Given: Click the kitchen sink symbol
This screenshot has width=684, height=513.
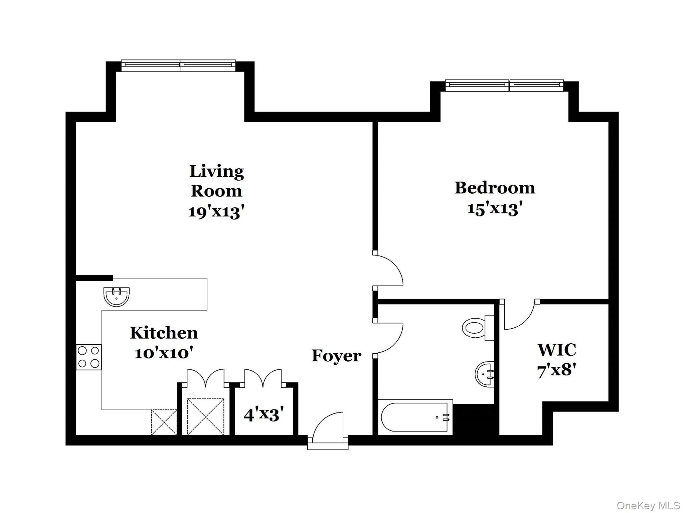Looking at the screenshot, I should coord(116,296).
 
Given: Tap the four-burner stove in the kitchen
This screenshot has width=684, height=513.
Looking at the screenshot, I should coord(89,357).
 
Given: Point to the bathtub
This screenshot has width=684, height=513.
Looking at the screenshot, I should coord(415,417).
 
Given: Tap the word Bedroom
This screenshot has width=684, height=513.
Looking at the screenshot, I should coord(495,188).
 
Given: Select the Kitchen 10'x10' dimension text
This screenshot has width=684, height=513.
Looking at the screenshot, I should coord(164,353).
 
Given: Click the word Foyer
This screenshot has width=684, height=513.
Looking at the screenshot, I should coord(336,356).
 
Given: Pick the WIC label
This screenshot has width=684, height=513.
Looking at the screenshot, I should coord(557,350).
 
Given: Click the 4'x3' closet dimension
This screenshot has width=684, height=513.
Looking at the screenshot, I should coord(264,415).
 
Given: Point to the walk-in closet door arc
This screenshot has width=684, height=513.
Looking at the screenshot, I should coord(520,316).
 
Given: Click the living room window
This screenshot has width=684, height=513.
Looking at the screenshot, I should coord(178,65).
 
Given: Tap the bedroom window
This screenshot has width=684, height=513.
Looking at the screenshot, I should coord(504,85).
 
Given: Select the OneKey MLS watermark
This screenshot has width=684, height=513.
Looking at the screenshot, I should coord(648,505).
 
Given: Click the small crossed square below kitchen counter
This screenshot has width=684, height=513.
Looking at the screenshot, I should coord(164,422).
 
